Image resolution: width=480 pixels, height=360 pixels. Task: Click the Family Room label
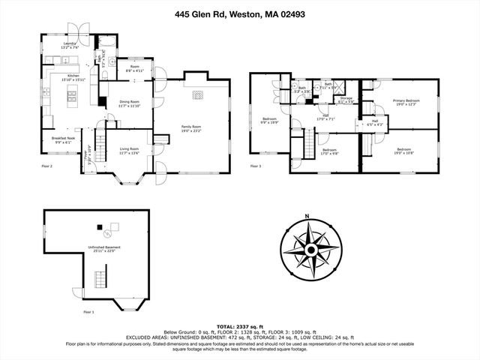[191, 127]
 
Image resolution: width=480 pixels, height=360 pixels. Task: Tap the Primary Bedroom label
[406, 100]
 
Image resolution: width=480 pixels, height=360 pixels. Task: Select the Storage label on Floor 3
[346, 97]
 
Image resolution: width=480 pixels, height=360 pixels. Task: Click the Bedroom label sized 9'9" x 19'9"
[270, 118]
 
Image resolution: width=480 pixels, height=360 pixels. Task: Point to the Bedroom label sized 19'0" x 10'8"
[405, 149]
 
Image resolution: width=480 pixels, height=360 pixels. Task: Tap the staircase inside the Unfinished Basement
[101, 282]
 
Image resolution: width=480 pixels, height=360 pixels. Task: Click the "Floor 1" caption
[88, 311]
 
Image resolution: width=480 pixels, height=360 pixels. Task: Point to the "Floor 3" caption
[256, 166]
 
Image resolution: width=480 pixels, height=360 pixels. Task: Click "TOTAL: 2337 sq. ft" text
[240, 328]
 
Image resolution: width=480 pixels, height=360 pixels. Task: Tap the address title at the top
[240, 13]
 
